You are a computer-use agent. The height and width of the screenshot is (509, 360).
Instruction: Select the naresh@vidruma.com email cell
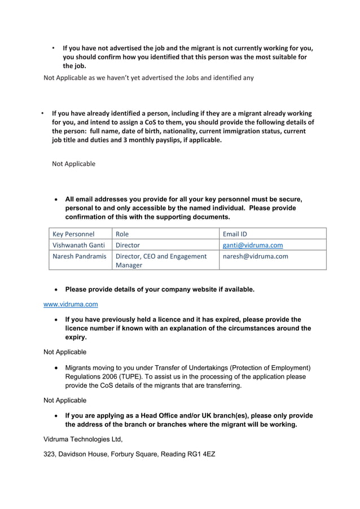tap(256, 256)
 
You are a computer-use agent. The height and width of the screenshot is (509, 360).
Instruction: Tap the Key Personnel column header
tap(73, 234)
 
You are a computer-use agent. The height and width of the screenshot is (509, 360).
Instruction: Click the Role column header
tap(122, 234)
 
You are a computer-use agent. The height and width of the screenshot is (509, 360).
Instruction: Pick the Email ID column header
tap(235, 234)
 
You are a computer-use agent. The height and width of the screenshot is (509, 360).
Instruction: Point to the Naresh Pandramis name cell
tap(79, 256)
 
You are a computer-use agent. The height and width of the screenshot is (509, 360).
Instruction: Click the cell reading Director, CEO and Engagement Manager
tap(161, 260)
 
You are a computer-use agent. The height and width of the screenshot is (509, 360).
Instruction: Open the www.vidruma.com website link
tap(71, 304)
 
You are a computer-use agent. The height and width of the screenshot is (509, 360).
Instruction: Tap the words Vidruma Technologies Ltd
tap(83, 438)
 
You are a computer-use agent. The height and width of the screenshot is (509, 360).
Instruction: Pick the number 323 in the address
tap(50, 454)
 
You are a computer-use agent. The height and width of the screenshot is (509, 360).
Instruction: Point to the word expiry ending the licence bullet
tap(76, 337)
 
